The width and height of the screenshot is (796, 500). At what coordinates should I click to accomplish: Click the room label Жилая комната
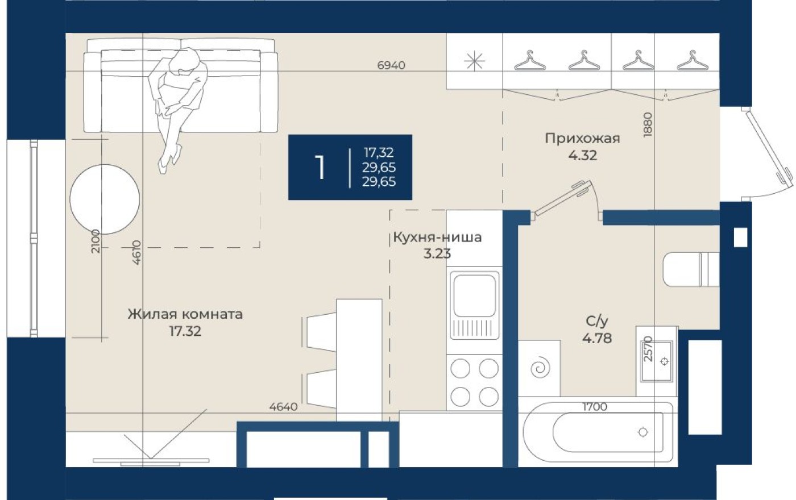[x=185, y=314]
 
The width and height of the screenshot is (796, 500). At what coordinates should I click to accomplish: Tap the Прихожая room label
[x=582, y=138]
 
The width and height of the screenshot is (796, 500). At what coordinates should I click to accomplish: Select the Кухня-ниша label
[x=437, y=237]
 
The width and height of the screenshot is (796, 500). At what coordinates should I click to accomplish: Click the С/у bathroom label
[x=597, y=322]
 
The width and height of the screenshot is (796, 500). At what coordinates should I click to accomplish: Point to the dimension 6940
[x=391, y=65]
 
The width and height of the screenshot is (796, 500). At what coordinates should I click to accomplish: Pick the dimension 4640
[x=283, y=407]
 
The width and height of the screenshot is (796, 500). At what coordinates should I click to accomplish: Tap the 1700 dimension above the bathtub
[x=594, y=407]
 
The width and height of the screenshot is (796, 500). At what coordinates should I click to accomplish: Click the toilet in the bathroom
[x=690, y=269]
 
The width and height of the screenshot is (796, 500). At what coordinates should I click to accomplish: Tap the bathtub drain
[x=642, y=432]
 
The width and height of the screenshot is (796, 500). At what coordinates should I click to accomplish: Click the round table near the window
[x=105, y=199]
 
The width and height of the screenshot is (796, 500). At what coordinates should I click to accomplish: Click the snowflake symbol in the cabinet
[x=474, y=61]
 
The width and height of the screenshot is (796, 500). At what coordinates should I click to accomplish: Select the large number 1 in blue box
[x=320, y=168]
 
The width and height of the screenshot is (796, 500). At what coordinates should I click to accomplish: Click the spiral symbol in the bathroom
[x=540, y=368]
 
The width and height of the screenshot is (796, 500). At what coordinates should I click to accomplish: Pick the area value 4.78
[x=597, y=339]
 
